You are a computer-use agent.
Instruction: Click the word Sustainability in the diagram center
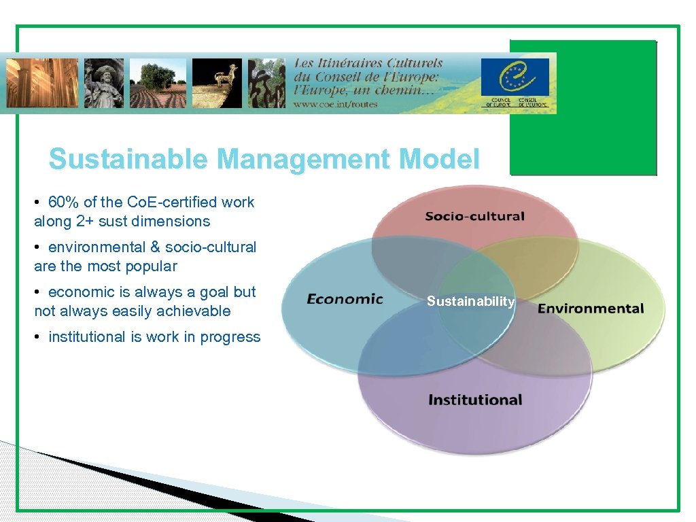[x=470, y=301]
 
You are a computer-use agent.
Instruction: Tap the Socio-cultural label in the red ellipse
[x=474, y=217]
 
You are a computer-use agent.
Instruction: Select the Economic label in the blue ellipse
[x=345, y=299]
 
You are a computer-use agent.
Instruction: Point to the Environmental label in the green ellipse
[x=591, y=309]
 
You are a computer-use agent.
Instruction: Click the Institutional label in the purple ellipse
[x=474, y=400]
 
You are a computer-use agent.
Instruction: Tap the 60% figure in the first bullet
[x=62, y=202]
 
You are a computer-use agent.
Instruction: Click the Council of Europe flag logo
[x=515, y=77]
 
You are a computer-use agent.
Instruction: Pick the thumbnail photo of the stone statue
[x=104, y=82]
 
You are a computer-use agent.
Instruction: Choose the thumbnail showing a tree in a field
[x=158, y=82]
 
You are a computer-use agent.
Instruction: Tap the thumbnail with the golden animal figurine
[x=217, y=82]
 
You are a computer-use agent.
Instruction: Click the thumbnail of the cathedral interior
[x=42, y=82]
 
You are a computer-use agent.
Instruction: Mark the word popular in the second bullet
[x=152, y=266]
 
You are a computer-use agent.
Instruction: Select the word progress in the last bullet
[x=230, y=336]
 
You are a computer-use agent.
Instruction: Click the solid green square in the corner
[x=583, y=107]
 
